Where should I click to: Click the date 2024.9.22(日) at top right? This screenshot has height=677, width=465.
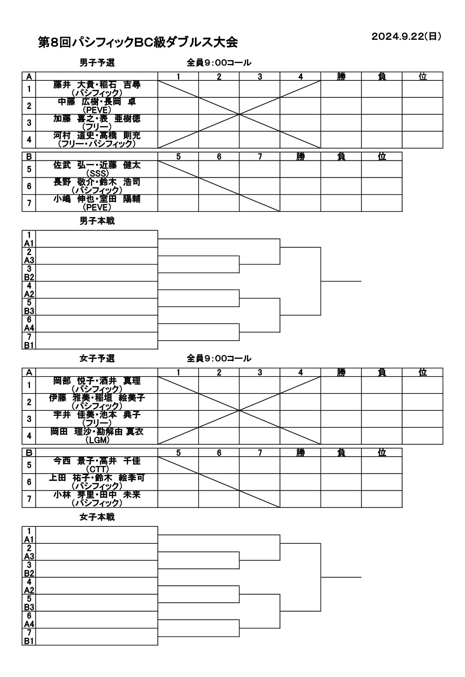click(x=406, y=36)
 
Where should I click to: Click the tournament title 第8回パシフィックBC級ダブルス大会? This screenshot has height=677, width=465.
click(x=138, y=42)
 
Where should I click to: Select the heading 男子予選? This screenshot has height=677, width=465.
click(x=97, y=63)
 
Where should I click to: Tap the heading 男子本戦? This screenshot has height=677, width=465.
click(x=97, y=221)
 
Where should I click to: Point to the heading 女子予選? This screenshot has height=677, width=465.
click(x=97, y=358)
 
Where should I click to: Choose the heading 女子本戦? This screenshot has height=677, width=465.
click(x=97, y=517)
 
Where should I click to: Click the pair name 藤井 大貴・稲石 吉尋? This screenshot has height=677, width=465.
click(x=97, y=85)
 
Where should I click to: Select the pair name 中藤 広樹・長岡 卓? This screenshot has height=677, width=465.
click(x=97, y=102)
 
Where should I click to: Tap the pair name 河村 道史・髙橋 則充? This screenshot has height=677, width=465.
click(x=97, y=136)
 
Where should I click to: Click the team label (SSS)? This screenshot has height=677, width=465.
click(x=97, y=173)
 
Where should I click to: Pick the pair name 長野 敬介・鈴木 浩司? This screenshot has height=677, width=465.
click(x=97, y=182)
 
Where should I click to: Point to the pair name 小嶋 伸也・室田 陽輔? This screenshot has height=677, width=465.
click(x=97, y=199)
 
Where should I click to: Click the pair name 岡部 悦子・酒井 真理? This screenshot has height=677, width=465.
click(x=97, y=381)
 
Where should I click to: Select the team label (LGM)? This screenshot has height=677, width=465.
click(x=97, y=440)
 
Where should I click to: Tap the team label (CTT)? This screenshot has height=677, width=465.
click(x=97, y=469)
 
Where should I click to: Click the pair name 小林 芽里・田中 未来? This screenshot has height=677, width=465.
click(x=97, y=495)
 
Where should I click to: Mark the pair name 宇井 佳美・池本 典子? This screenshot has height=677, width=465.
click(x=97, y=415)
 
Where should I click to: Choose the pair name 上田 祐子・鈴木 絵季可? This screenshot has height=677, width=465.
click(x=97, y=478)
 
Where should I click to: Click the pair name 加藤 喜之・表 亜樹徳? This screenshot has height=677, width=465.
click(x=97, y=119)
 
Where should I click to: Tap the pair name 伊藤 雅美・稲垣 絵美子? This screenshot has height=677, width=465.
click(x=97, y=398)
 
